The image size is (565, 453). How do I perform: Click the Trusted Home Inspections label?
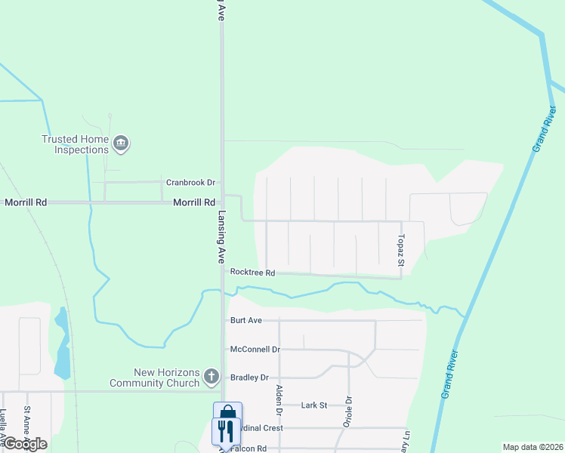click(x=75, y=144)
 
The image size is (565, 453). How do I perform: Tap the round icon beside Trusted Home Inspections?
click(x=121, y=143)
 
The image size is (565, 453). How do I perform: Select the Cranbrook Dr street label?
click(x=191, y=183)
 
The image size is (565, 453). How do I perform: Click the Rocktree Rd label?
click(x=252, y=272)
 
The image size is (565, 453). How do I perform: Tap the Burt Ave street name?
click(x=245, y=320)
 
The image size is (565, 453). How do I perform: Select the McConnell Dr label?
click(x=255, y=350)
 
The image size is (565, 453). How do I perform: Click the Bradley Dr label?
click(x=249, y=377)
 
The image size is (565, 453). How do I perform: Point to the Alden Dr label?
click(x=279, y=401)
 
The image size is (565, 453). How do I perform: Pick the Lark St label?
click(x=313, y=405)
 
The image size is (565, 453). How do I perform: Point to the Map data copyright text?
click(x=533, y=447)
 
